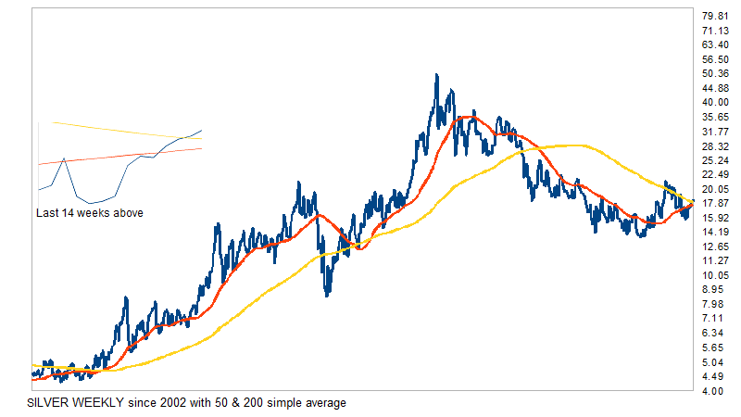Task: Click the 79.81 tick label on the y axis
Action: pos(714,16)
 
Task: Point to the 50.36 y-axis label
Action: pos(714,73)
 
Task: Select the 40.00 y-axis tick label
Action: pos(714,102)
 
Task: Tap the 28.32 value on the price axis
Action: pos(714,145)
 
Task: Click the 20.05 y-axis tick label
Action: pos(714,189)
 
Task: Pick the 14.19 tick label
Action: pos(714,232)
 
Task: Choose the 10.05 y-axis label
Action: pos(714,275)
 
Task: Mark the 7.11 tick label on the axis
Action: pos(714,318)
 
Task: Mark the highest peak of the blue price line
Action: pos(436,75)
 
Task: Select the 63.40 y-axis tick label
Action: pos(714,44)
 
